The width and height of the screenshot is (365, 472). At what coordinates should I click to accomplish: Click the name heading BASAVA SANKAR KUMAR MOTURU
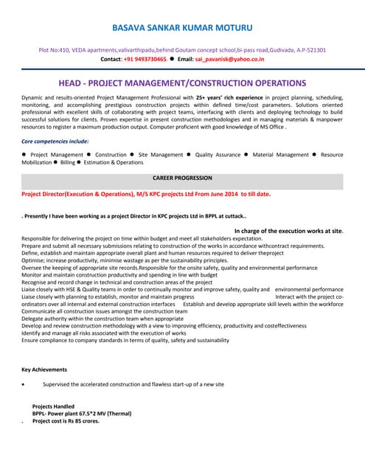point(181,28)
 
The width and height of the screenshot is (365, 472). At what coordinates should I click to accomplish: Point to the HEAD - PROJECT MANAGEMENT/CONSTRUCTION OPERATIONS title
point(181,83)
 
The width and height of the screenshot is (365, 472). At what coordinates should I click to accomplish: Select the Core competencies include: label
point(56,139)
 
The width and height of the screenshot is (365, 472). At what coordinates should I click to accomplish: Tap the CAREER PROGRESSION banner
point(181,178)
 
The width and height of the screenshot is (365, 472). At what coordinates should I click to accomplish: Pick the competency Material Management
point(280,155)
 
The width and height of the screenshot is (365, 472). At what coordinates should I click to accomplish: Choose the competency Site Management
point(161,155)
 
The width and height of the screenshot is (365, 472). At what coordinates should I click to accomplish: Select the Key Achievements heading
point(44,369)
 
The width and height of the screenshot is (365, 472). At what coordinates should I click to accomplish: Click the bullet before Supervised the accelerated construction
point(27,385)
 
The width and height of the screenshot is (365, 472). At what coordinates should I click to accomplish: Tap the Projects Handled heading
point(53,406)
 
